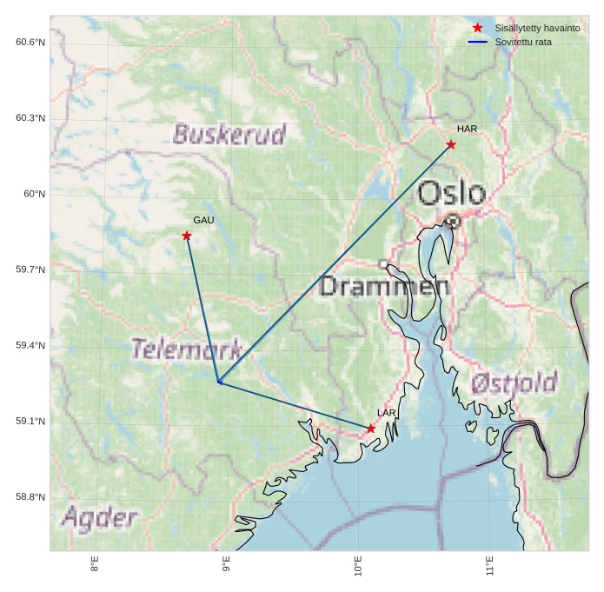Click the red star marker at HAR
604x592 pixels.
click(451, 144)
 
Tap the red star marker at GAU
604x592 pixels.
click(187, 236)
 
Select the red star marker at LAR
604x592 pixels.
click(371, 429)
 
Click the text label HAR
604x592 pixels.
click(467, 130)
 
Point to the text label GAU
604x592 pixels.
click(203, 221)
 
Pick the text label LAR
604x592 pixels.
click(386, 413)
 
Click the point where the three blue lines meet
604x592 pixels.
click(218, 382)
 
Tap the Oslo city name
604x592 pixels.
click(451, 193)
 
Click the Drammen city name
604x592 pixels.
click(384, 286)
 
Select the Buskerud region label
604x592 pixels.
click(229, 135)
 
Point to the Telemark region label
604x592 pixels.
click(186, 349)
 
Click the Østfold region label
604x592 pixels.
click(514, 382)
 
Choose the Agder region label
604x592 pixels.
click(99, 518)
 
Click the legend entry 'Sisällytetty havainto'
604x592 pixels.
click(537, 28)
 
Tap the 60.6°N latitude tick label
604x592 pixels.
click(30, 43)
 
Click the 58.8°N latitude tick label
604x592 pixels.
click(30, 497)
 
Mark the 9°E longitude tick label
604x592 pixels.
click(227, 566)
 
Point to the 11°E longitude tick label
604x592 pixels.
click(490, 566)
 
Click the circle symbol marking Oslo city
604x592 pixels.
click(453, 221)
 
